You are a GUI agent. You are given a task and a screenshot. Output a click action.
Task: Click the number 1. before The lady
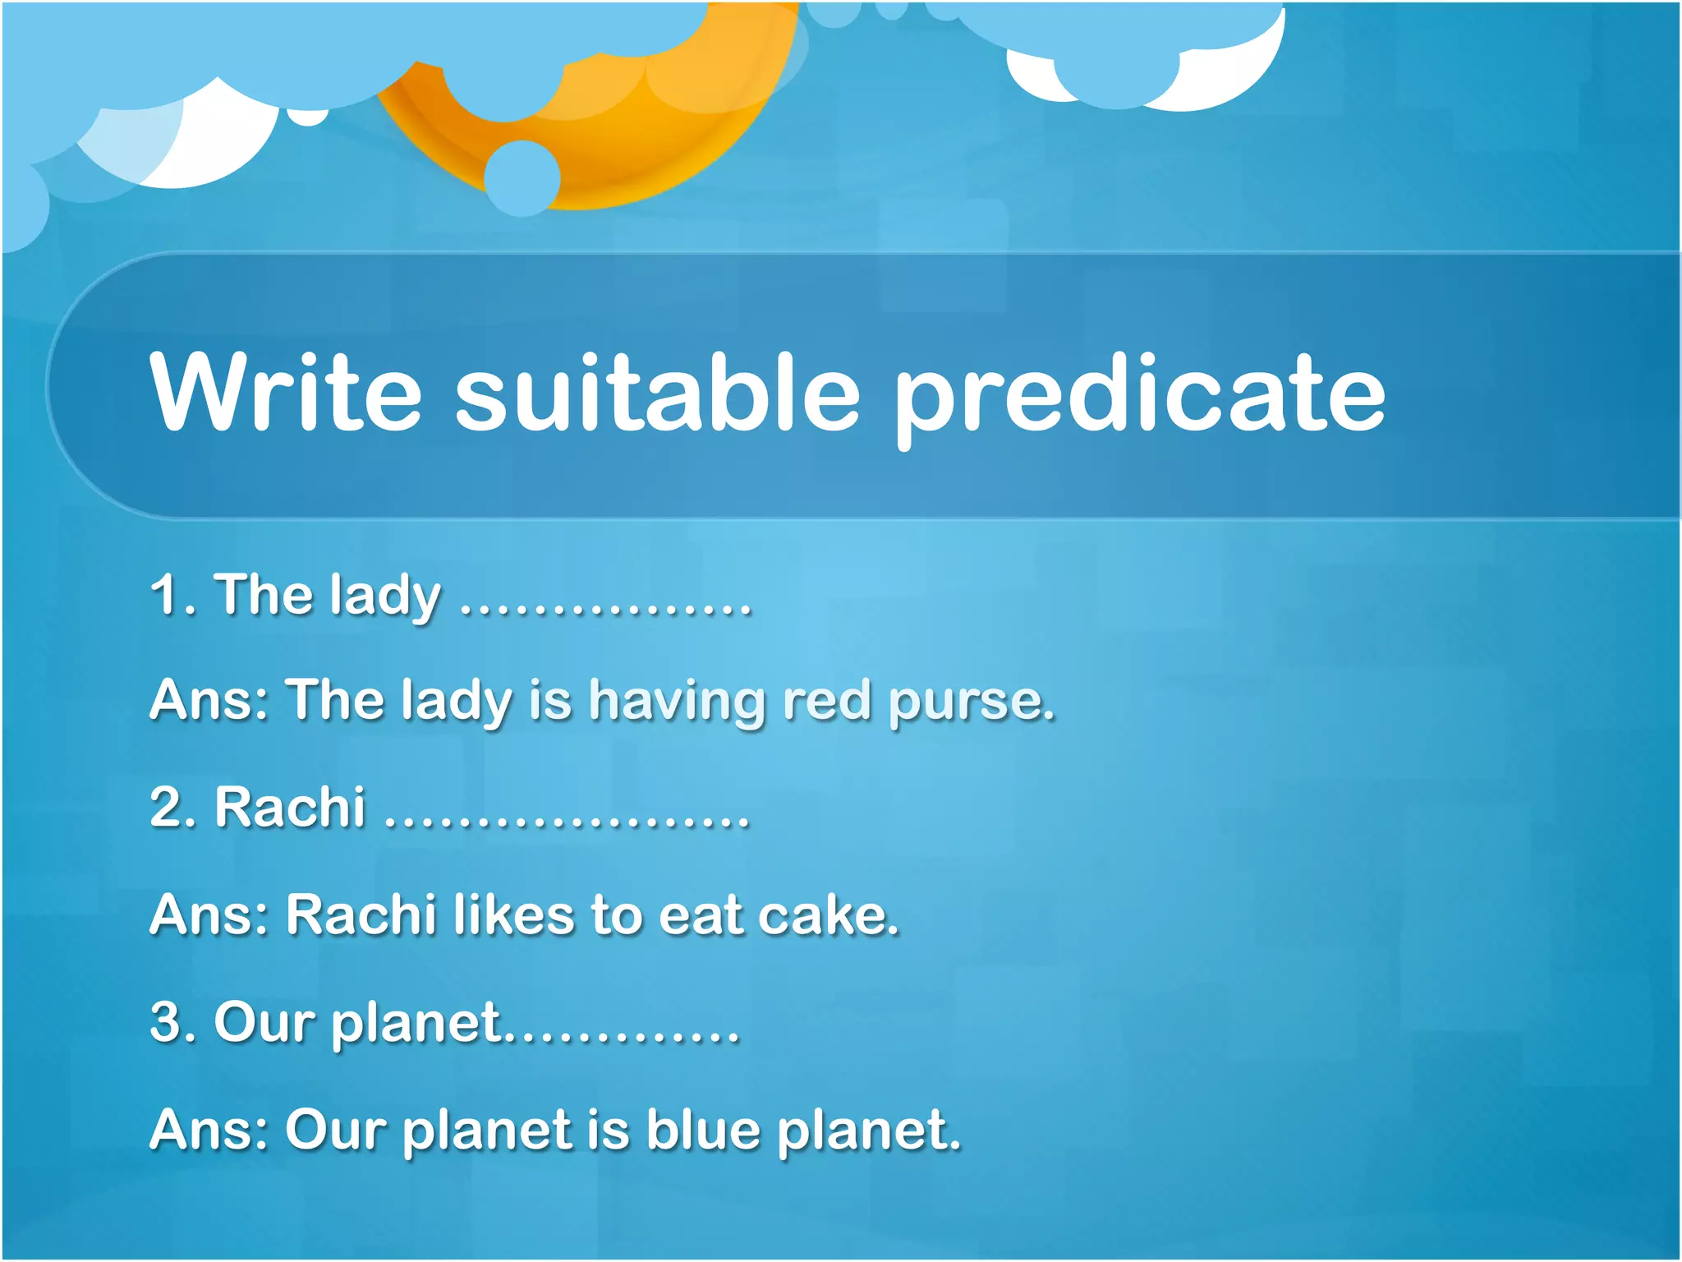tap(173, 594)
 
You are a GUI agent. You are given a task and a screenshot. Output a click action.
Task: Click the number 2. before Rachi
tap(173, 807)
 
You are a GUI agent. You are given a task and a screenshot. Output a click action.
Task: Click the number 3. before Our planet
tap(173, 1022)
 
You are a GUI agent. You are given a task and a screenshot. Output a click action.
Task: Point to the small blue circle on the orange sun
tap(522, 178)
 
